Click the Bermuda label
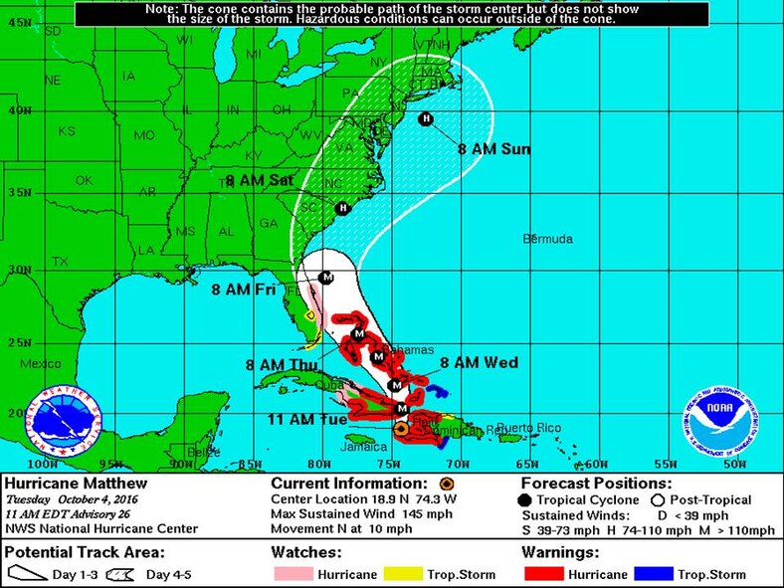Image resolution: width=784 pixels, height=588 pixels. point(548,240)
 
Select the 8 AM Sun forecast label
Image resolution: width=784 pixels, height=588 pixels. point(493,149)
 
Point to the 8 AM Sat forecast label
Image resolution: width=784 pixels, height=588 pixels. point(259,181)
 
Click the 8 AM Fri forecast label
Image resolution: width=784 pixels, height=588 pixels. point(245,289)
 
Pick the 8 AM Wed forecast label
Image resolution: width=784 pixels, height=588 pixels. point(479,363)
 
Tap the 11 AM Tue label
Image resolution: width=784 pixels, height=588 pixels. point(307,419)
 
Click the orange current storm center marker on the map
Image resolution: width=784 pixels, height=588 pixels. point(400,429)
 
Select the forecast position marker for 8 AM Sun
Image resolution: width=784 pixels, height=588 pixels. point(426,119)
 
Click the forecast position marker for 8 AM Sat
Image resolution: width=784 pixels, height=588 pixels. point(343,208)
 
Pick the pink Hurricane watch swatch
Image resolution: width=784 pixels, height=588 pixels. point(294,574)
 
